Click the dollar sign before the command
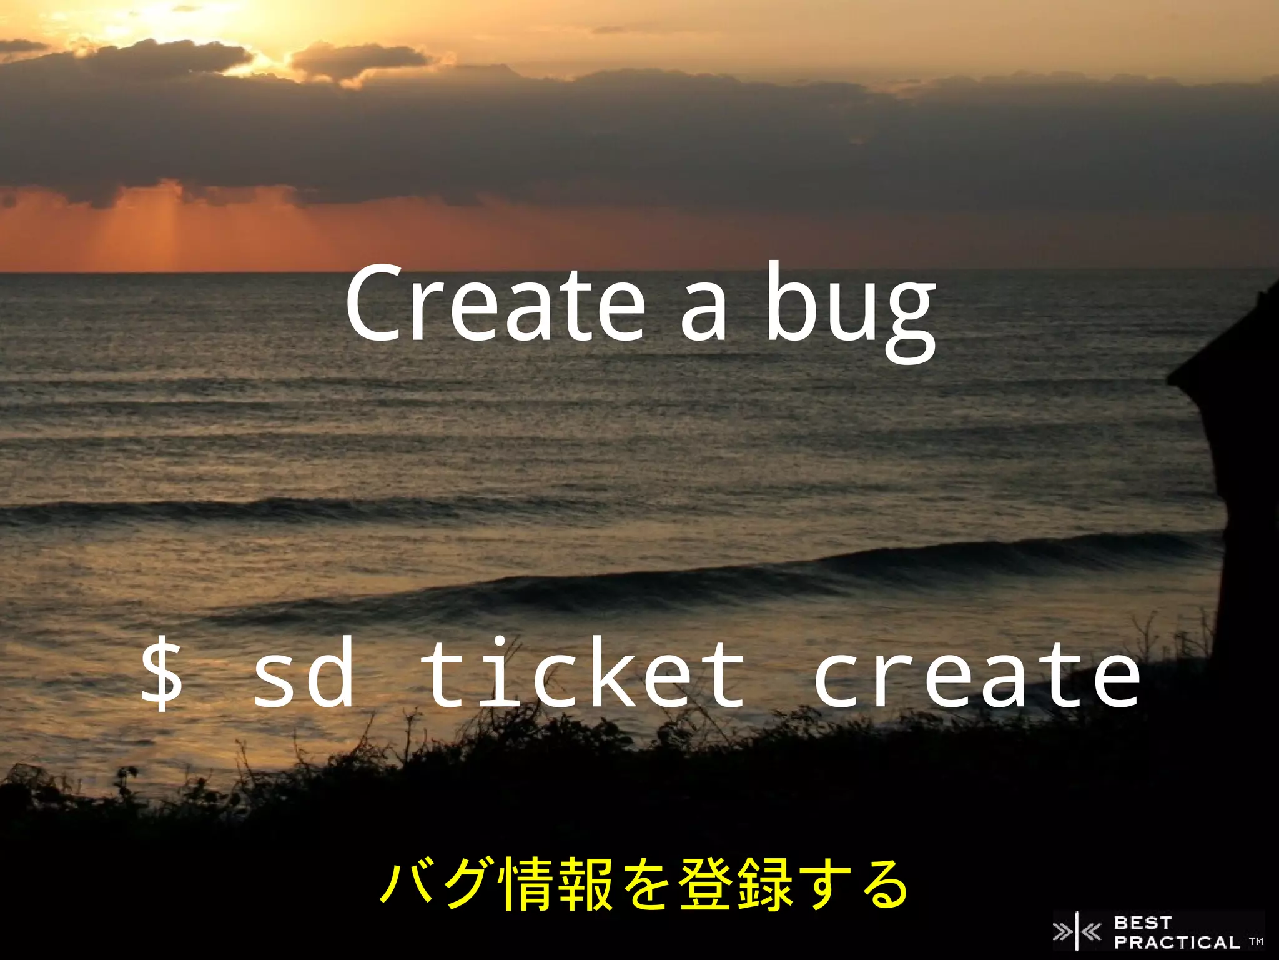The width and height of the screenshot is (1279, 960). point(162,675)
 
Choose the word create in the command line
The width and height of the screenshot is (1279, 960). point(976,675)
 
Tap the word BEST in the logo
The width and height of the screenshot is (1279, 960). point(1143,922)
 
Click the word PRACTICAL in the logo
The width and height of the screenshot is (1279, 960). point(1177,942)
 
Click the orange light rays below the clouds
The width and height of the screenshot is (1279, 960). point(162,231)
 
